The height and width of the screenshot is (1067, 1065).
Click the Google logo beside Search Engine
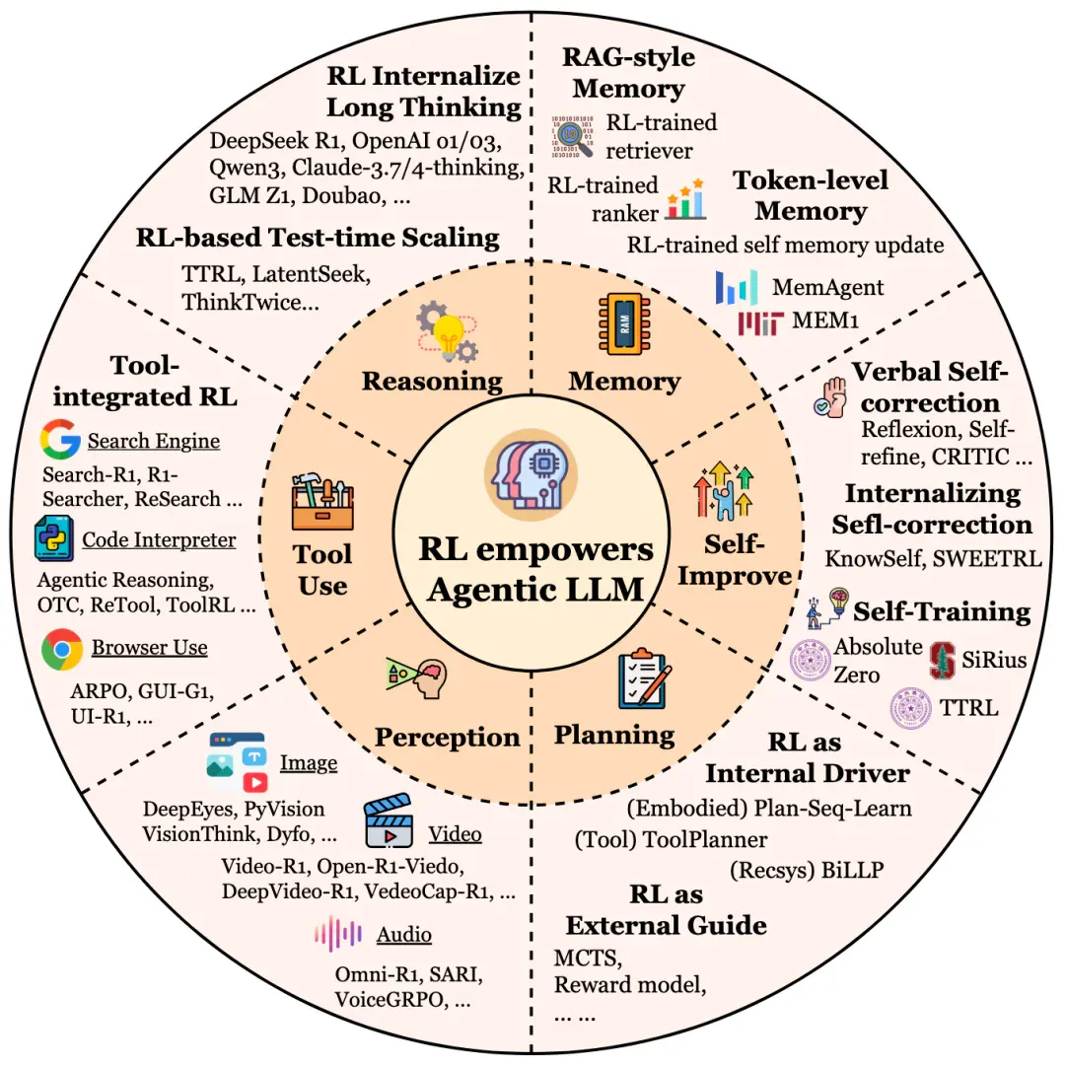click(x=60, y=439)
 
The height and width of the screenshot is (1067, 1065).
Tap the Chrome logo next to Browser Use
click(x=62, y=649)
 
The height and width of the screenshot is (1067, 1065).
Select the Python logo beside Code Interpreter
click(x=54, y=538)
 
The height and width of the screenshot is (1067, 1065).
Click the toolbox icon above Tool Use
click(x=322, y=501)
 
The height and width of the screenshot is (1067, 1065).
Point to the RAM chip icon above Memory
click(x=624, y=324)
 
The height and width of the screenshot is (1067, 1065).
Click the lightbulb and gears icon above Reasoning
click(x=447, y=331)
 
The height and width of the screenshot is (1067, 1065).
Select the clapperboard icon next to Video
click(x=389, y=820)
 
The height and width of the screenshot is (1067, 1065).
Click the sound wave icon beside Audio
click(x=338, y=934)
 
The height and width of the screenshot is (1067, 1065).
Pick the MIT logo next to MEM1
click(x=760, y=323)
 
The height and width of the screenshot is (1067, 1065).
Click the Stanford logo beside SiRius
click(x=943, y=660)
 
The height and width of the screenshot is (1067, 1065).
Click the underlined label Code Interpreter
click(x=159, y=539)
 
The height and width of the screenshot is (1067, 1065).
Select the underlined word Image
click(x=309, y=763)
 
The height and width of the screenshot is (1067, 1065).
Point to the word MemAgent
click(x=827, y=287)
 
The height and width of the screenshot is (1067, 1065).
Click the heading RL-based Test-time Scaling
click(x=318, y=238)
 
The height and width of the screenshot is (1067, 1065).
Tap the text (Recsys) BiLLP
click(x=807, y=870)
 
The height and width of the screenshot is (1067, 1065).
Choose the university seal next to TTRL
click(x=910, y=708)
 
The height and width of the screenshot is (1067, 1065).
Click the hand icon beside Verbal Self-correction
click(x=830, y=397)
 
